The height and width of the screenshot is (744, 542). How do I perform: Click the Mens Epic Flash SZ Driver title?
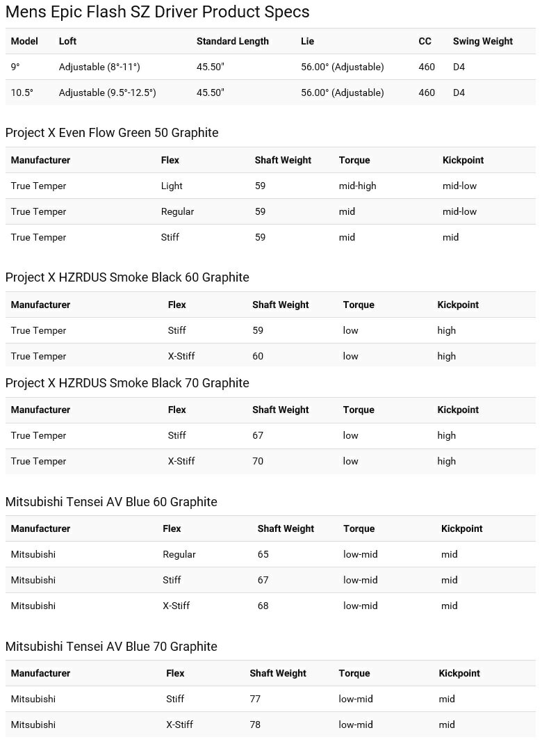[157, 12]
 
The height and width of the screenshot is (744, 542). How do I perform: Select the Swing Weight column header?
[482, 42]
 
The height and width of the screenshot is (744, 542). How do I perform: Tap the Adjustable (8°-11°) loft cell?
[99, 67]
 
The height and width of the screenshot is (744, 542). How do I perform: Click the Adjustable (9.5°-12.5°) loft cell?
[107, 93]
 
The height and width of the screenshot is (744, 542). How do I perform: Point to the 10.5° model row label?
[22, 93]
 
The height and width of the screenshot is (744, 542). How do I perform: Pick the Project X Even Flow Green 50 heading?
[112, 133]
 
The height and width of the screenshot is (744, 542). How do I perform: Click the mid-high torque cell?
[357, 186]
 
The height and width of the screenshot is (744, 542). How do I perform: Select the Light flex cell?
[172, 186]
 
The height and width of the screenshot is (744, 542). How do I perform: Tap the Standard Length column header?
[232, 42]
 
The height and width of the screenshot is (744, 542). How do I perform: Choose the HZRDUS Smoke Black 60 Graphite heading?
[127, 277]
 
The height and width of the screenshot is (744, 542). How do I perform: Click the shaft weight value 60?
[258, 357]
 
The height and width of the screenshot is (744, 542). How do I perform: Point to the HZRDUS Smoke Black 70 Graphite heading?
[127, 383]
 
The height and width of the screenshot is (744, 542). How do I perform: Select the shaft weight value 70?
[258, 462]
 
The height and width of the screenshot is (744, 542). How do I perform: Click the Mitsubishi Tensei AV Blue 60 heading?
[111, 502]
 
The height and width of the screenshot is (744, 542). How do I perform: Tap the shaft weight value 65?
[263, 555]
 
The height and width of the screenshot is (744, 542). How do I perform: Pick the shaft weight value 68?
[263, 606]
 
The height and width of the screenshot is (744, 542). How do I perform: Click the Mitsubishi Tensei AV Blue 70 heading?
[111, 647]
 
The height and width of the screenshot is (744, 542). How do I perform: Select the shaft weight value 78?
[255, 725]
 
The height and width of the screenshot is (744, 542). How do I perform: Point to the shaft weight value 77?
[255, 699]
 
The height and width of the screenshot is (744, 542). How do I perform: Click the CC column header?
[425, 42]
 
